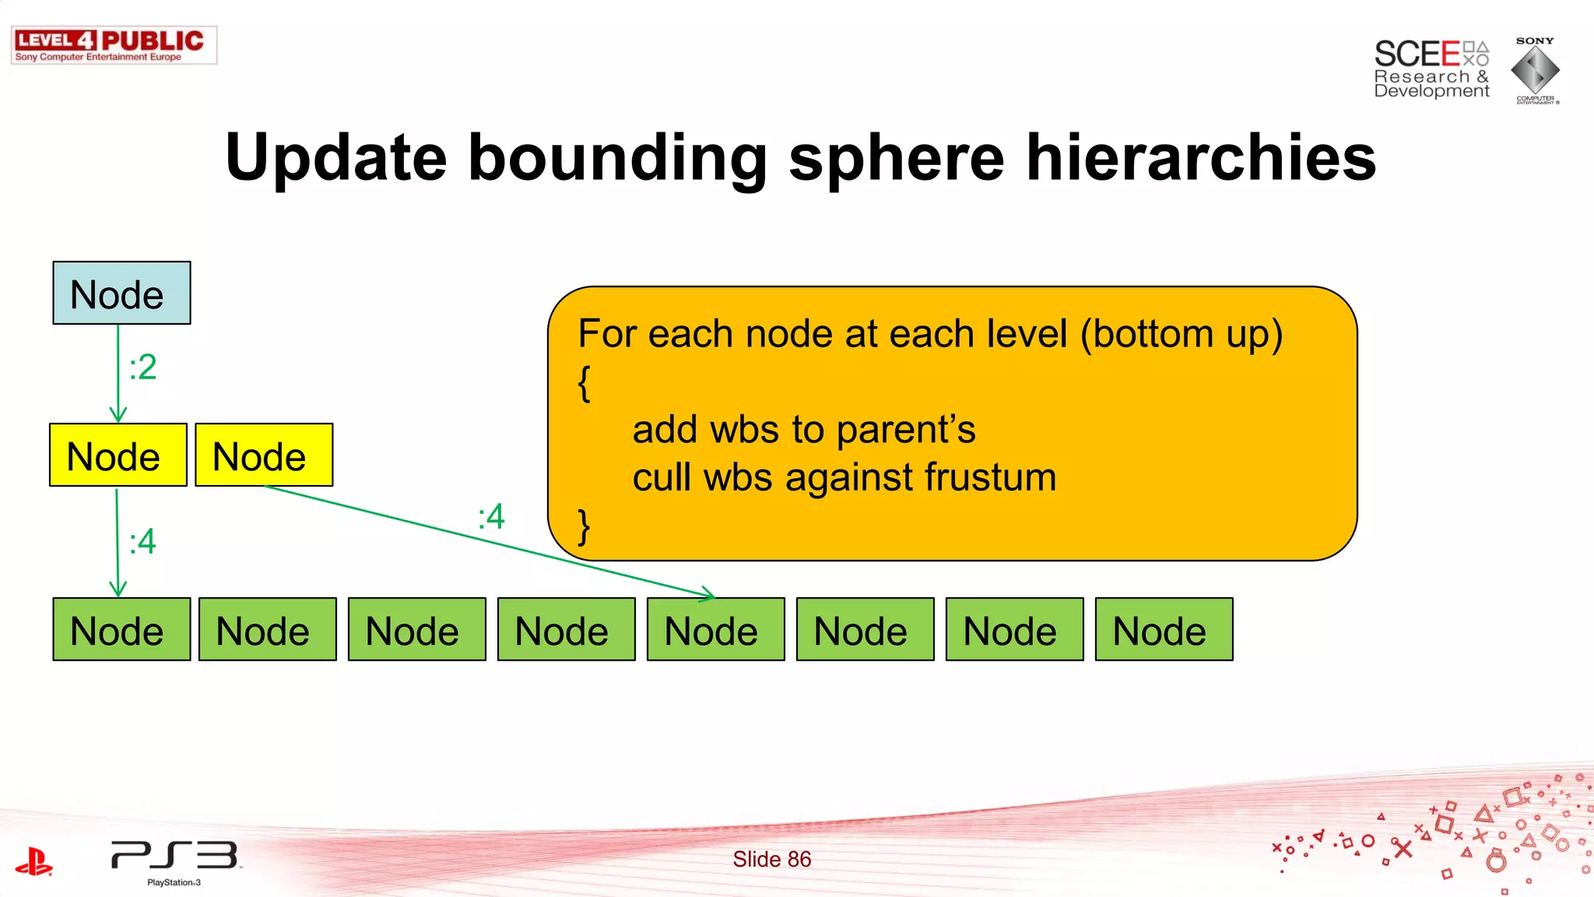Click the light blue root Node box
click(x=121, y=293)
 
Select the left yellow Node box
click(x=118, y=455)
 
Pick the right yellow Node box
click(x=264, y=455)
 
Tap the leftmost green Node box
click(x=121, y=629)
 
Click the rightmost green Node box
click(x=1164, y=629)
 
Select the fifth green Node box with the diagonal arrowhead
click(x=715, y=629)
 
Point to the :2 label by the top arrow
click(x=143, y=368)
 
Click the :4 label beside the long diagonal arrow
click(x=492, y=516)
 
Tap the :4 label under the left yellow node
click(x=143, y=541)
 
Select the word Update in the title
click(x=335, y=158)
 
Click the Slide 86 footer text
click(x=771, y=859)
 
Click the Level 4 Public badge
click(x=114, y=45)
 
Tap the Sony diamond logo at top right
click(x=1535, y=71)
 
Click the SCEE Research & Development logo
click(x=1431, y=69)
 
